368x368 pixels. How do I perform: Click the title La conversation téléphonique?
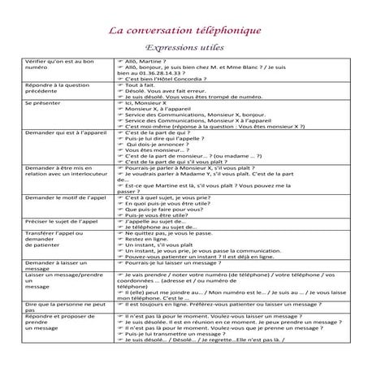coord(184,31)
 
